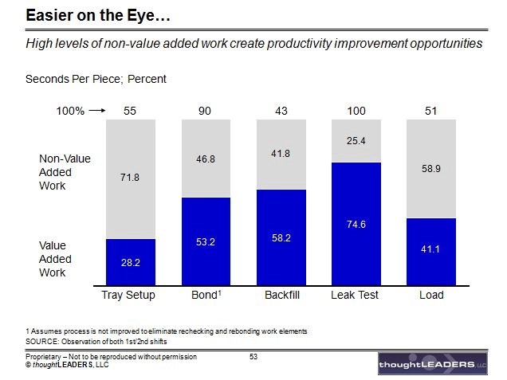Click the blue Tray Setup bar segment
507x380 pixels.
pyautogui.click(x=130, y=261)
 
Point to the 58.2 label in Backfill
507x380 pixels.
pyautogui.click(x=281, y=237)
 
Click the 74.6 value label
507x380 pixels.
pyautogui.click(x=356, y=225)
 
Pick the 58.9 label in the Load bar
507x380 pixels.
pyautogui.click(x=431, y=169)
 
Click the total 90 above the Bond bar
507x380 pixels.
pyautogui.click(x=205, y=111)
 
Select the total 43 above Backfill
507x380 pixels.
pyautogui.click(x=281, y=111)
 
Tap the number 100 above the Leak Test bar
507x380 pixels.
pyautogui.click(x=356, y=111)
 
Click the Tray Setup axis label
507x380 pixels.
pyautogui.click(x=129, y=296)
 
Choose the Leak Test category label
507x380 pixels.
pyautogui.click(x=356, y=296)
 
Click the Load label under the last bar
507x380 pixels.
pyautogui.click(x=431, y=296)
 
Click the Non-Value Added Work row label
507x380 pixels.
pyautogui.click(x=65, y=172)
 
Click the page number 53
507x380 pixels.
pyautogui.click(x=253, y=356)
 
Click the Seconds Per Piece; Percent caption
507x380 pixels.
pyautogui.click(x=96, y=79)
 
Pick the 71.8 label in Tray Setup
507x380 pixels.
pyautogui.click(x=130, y=178)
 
